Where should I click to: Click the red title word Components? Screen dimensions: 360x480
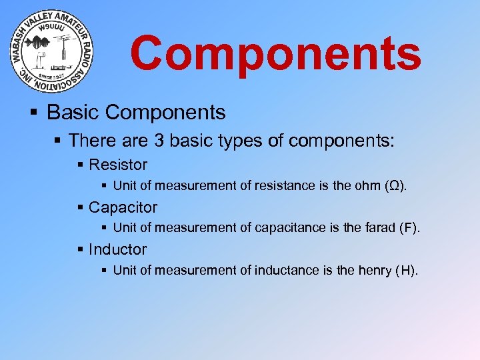click(275, 53)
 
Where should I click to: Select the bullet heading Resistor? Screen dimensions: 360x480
click(118, 165)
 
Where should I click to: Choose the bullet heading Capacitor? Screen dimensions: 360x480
click(123, 207)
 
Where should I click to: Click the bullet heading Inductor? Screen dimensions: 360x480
click(117, 249)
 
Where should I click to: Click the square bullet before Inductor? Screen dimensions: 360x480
click(81, 250)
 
